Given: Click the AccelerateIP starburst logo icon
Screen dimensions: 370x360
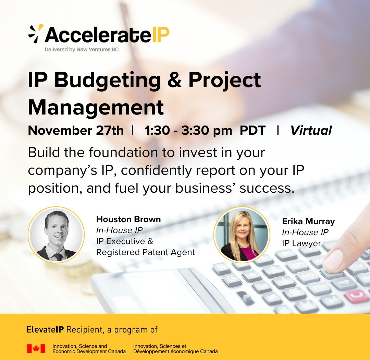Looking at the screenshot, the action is [36, 34].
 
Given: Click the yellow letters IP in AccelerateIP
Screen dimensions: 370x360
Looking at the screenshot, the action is [161, 35].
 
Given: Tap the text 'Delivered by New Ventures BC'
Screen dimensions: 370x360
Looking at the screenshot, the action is [82, 50].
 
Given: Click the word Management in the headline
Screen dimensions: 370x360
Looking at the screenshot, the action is [96, 107].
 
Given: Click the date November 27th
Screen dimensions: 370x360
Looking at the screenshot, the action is [76, 130].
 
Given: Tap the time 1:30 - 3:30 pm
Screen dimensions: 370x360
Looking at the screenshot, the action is [188, 131].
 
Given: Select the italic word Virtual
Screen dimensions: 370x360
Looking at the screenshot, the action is [311, 130].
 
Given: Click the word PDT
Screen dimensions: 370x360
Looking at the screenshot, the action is [252, 130].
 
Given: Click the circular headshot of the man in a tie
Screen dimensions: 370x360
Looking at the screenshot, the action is [57, 235].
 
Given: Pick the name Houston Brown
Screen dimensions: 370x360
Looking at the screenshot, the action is [128, 219].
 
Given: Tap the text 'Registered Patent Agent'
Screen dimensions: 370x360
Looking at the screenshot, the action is [146, 252].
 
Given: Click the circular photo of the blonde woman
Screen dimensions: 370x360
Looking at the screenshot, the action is [242, 235].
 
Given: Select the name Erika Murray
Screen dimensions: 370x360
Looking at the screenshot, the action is [308, 221].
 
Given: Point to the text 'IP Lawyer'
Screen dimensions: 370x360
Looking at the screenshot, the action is [301, 243].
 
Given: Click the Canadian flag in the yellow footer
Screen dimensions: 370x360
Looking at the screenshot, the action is [36, 349].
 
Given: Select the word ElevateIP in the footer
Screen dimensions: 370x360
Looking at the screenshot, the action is [45, 329].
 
